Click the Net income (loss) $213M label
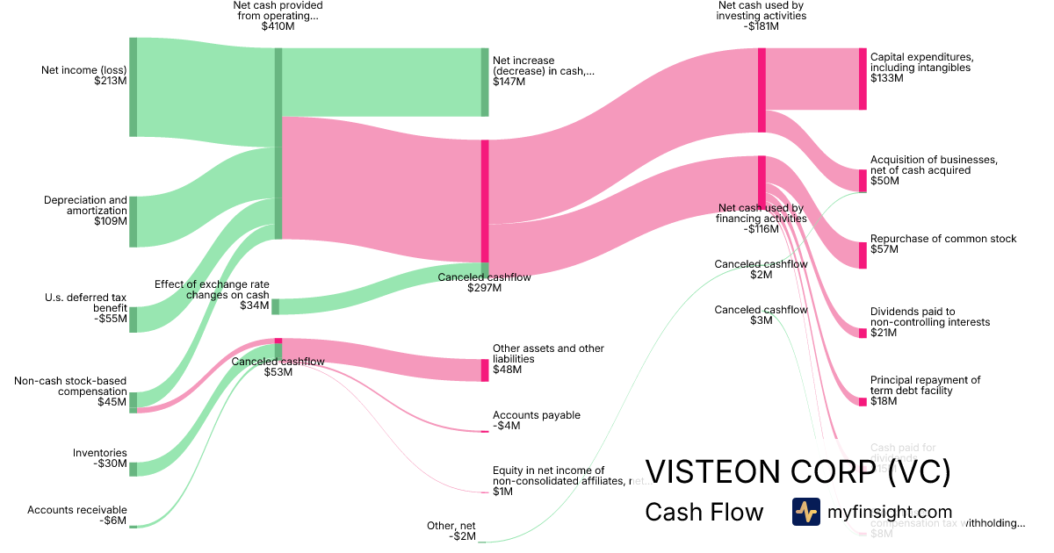click(x=84, y=75)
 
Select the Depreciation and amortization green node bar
click(x=134, y=222)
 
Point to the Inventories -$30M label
click(x=99, y=458)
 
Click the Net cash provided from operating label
click(x=278, y=16)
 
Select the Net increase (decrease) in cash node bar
click(x=484, y=82)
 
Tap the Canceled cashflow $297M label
click(x=484, y=283)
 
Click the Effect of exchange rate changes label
click(x=212, y=294)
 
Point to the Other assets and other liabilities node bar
click(x=485, y=370)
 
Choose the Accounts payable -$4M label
click(x=536, y=420)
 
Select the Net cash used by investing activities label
click(x=761, y=16)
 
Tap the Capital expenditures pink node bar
click(x=863, y=79)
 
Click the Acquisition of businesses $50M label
click(x=933, y=170)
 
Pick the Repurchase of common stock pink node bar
click(x=863, y=255)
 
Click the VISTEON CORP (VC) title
click(x=798, y=472)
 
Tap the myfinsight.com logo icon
click(x=805, y=512)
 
